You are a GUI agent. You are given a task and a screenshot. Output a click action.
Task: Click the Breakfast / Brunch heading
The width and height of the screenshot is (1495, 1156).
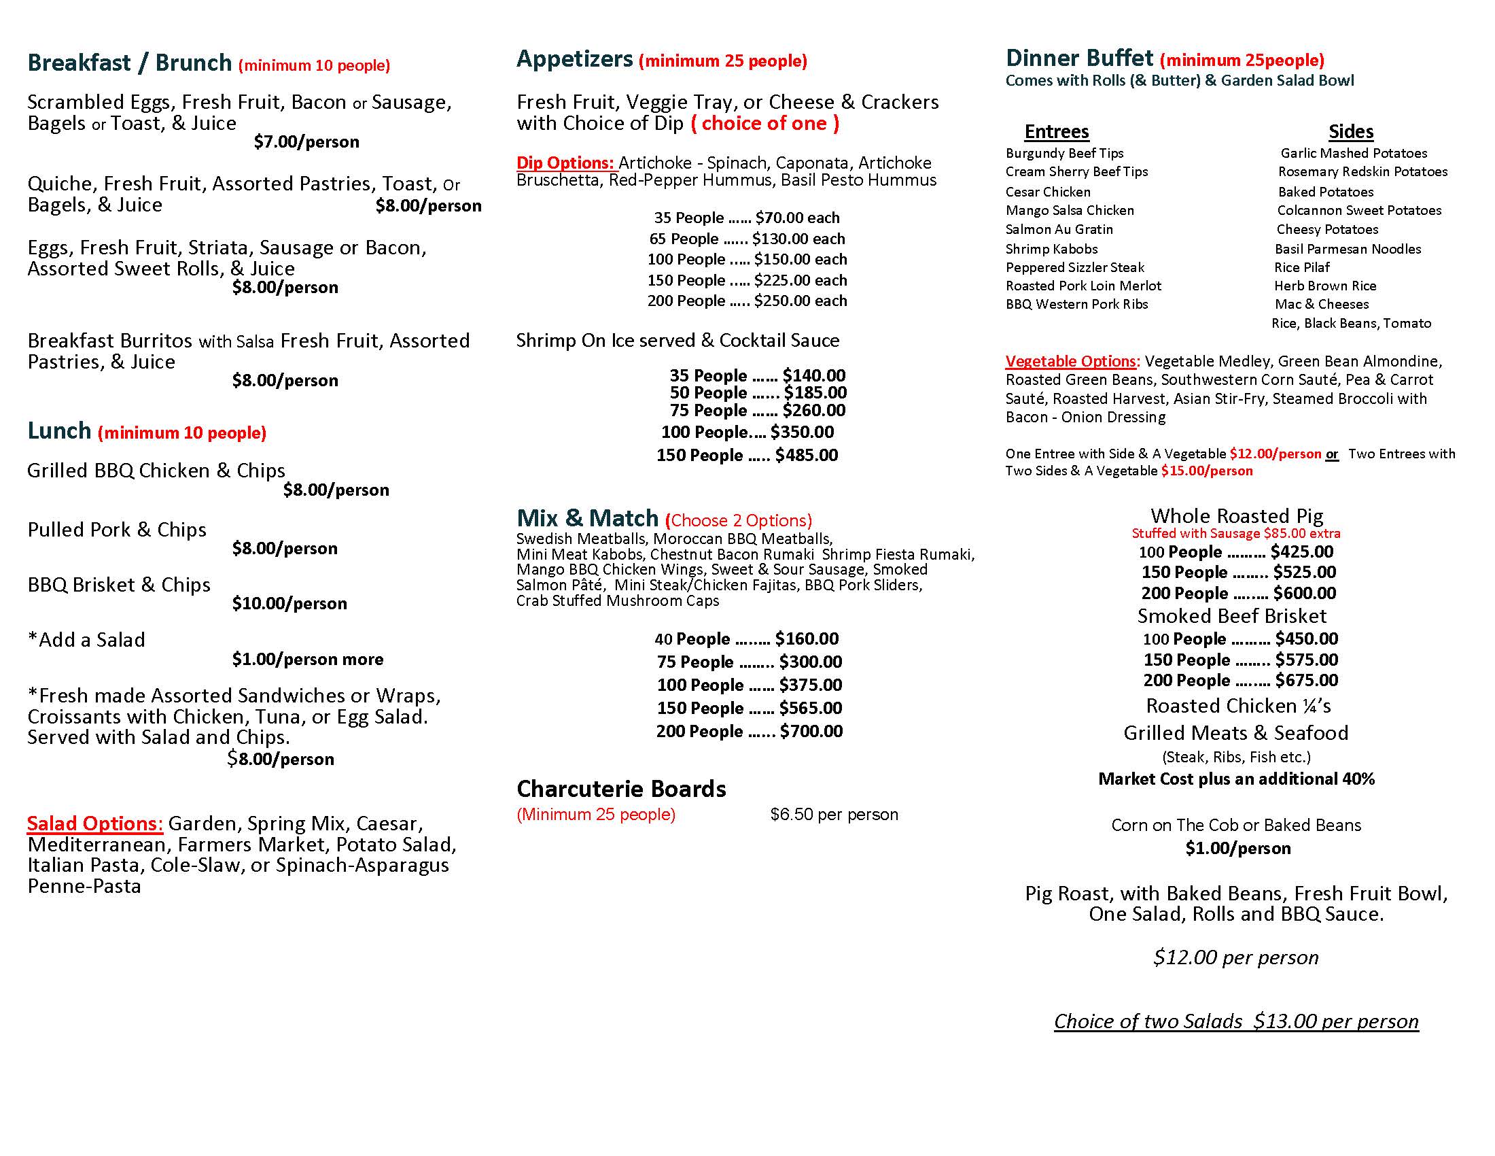[x=129, y=63]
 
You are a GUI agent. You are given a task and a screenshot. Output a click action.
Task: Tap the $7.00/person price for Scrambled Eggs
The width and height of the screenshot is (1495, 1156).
[x=306, y=141]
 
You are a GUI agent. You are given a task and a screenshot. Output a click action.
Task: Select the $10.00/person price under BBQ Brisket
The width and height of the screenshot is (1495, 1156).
[x=289, y=603]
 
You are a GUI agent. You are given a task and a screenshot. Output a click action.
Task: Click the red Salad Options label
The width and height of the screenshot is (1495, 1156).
[x=94, y=823]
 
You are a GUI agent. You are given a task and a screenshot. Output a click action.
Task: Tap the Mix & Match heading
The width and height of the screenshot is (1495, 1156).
[x=586, y=517]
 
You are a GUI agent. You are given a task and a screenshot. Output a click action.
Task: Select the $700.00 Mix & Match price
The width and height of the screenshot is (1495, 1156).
[x=811, y=732]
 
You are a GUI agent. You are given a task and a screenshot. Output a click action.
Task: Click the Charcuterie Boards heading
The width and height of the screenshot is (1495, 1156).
[x=621, y=789]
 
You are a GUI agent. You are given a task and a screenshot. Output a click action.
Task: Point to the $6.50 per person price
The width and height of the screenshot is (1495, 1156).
[x=833, y=814]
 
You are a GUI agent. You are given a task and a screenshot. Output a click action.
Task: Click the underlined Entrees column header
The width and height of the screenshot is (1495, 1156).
[x=1056, y=131]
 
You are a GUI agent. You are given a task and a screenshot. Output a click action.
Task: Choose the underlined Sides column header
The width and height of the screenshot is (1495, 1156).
[x=1350, y=131]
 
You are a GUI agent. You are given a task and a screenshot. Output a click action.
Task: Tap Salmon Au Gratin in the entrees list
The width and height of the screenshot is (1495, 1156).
[x=1059, y=229]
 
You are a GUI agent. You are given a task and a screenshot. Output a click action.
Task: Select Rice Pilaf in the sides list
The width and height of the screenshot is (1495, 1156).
[x=1301, y=267]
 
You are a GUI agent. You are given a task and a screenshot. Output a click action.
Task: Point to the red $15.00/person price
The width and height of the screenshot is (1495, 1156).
[x=1206, y=471]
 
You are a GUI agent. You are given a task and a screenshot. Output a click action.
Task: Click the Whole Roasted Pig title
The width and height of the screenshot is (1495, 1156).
[x=1236, y=515]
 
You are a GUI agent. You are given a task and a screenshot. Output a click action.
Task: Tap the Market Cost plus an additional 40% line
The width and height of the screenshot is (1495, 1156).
[x=1236, y=779]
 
